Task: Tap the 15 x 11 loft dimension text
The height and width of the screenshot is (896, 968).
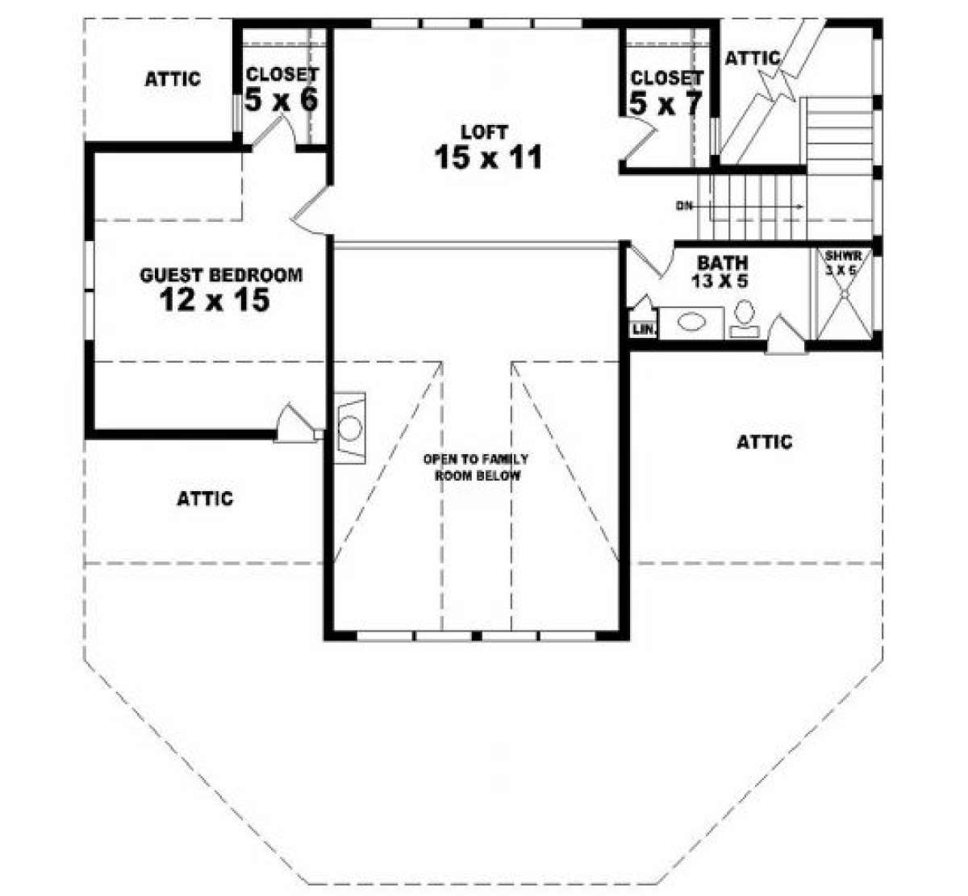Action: point(488,157)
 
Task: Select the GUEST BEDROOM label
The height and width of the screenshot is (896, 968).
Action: point(221,275)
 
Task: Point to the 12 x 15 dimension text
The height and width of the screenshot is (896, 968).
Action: point(215,301)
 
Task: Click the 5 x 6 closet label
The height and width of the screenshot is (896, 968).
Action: point(282,100)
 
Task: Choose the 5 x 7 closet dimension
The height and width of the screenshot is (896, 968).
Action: point(666,104)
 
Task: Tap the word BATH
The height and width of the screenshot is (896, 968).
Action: point(722,263)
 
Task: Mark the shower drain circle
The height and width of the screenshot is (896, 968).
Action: point(844,295)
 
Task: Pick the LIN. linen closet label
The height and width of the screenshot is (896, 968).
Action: point(644,330)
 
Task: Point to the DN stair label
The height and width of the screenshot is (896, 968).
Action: point(685,206)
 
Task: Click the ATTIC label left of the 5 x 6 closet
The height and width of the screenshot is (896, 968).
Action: point(173,79)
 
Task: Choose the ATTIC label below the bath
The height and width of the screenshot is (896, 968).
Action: point(765,442)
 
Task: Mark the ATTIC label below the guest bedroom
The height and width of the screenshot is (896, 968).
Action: point(205,498)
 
